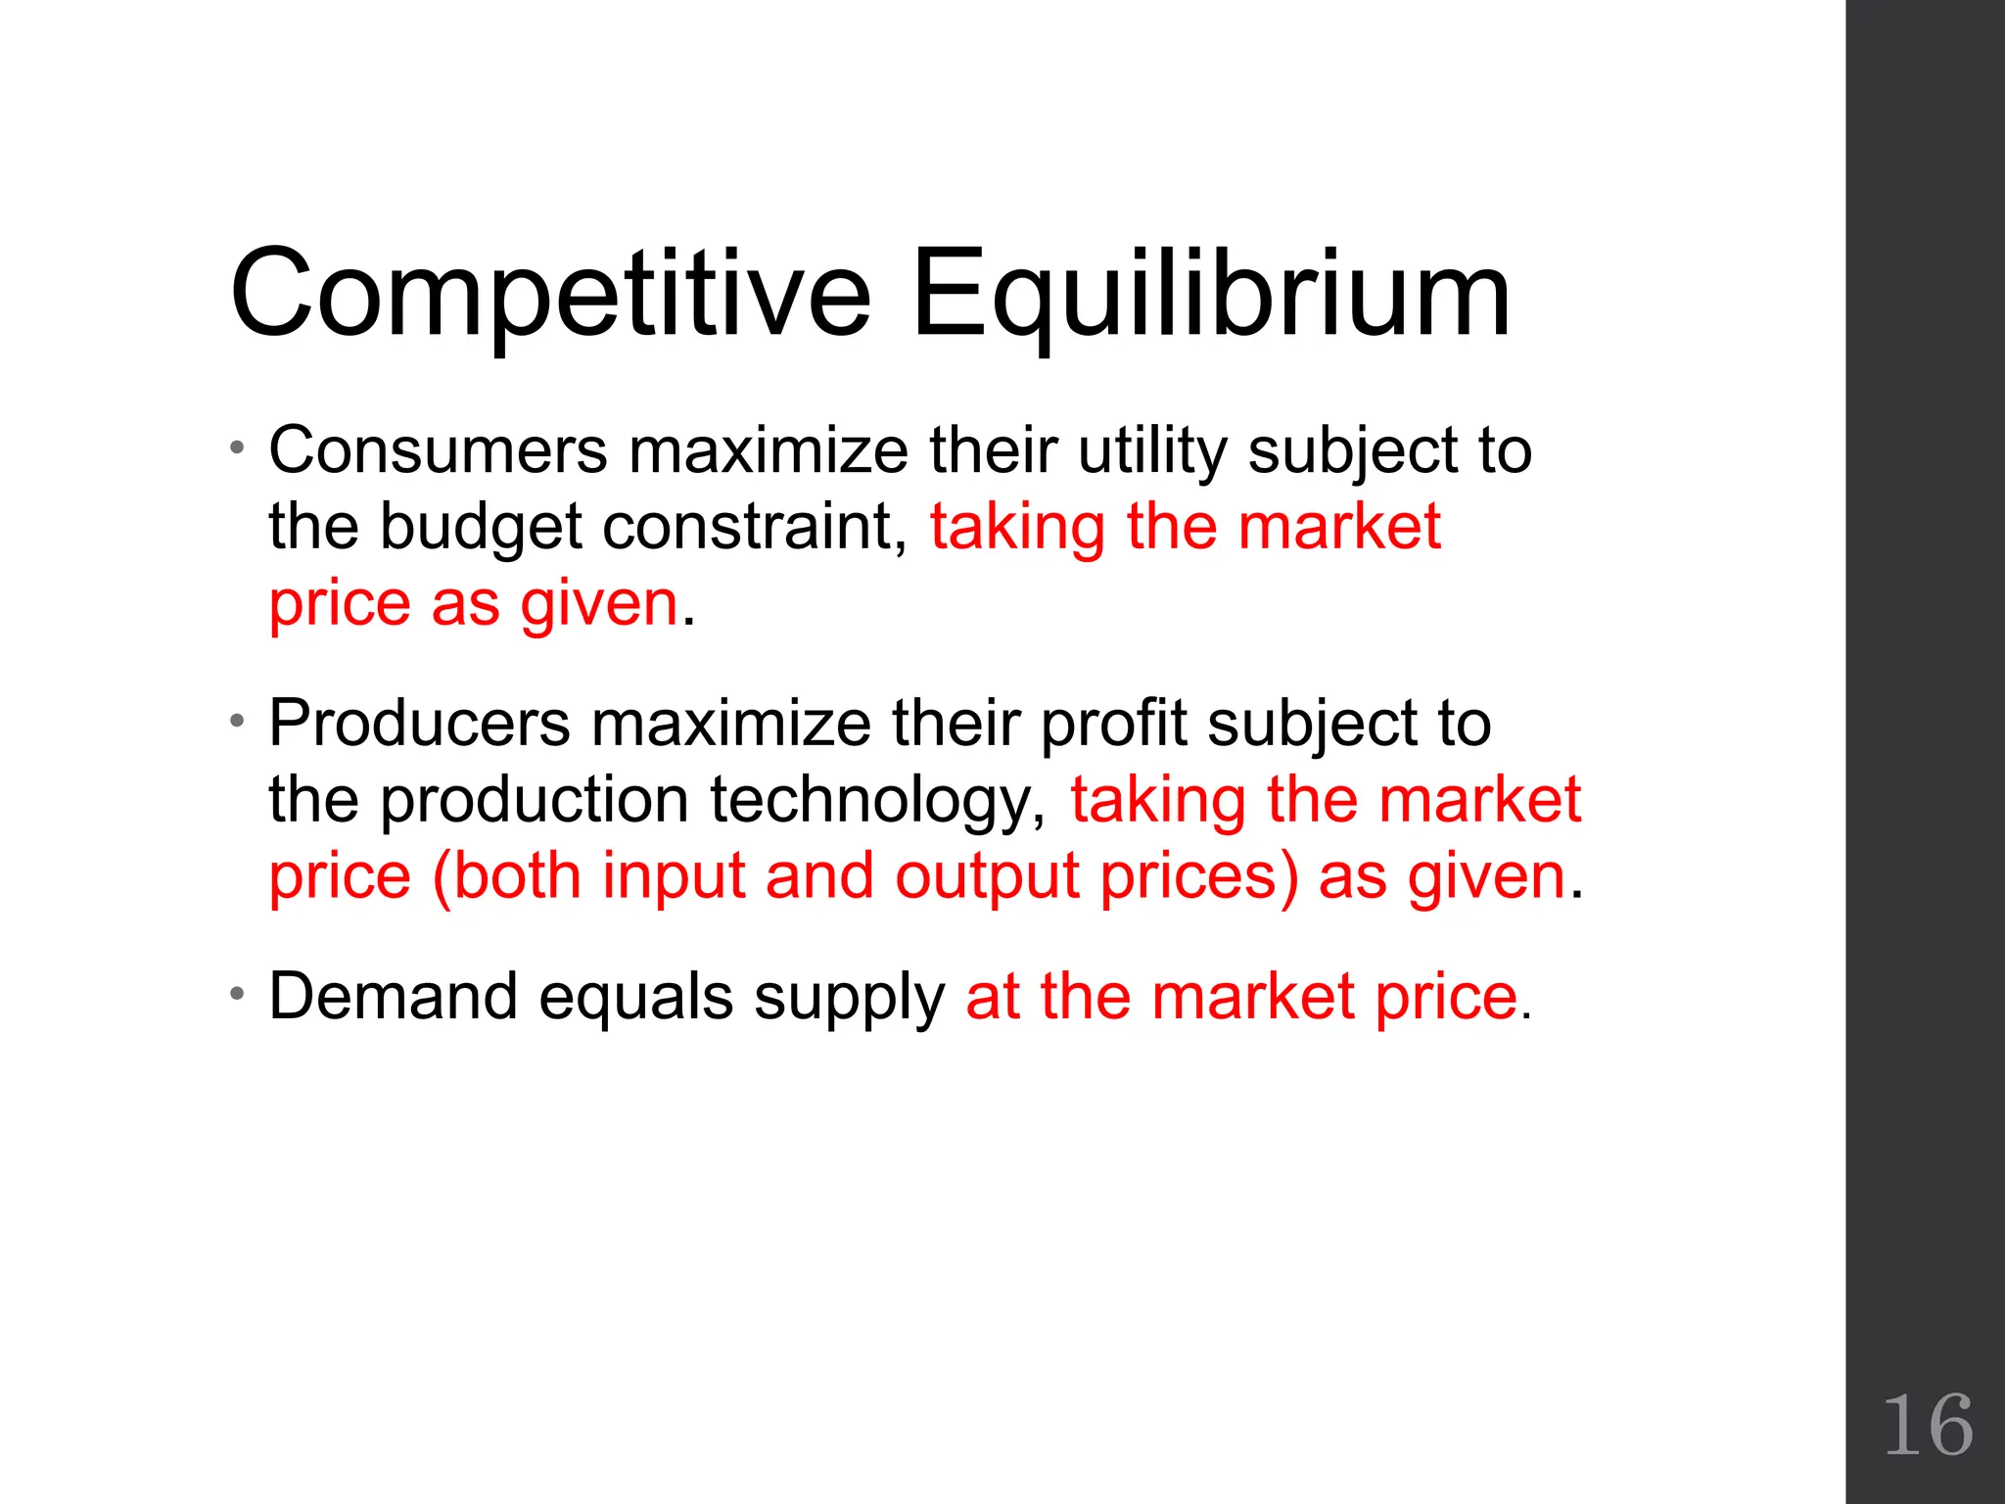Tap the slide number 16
click(1927, 1426)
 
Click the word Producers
click(420, 724)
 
